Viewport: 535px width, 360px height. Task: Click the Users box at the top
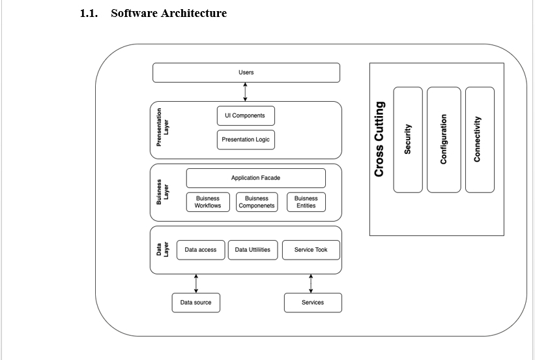point(246,72)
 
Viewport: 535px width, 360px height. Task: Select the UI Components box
point(245,116)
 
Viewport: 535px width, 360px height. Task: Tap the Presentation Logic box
point(245,140)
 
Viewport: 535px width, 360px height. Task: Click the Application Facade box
point(255,178)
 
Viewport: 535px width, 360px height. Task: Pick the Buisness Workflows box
point(207,202)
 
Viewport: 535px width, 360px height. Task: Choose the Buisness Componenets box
point(257,202)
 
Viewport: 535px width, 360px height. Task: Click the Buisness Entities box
point(306,202)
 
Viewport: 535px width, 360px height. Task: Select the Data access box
point(201,250)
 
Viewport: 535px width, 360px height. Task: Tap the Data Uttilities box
point(253,250)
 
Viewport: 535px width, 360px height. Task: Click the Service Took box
point(311,250)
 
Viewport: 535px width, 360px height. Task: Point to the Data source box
point(196,303)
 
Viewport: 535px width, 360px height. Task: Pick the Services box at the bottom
point(313,303)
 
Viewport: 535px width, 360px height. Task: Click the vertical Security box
point(408,140)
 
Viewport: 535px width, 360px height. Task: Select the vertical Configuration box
point(443,140)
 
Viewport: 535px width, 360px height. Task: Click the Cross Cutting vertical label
point(379,139)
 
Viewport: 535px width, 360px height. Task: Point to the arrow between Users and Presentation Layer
point(246,92)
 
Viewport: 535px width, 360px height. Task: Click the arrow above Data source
point(196,284)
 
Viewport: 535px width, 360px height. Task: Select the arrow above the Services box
point(311,284)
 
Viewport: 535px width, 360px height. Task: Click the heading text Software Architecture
point(169,13)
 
